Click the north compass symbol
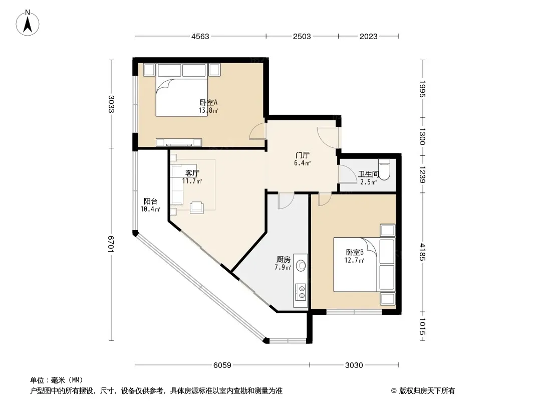click(27, 23)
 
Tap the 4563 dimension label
click(200, 37)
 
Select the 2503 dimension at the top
click(302, 37)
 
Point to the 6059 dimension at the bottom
click(222, 365)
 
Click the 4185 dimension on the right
click(422, 252)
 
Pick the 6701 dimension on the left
click(111, 244)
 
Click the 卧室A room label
click(208, 102)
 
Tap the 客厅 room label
click(192, 173)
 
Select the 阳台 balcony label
click(150, 202)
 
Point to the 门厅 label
click(302, 155)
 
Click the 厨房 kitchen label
click(283, 260)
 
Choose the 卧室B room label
click(355, 253)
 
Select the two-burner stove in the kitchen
click(301, 292)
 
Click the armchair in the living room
click(197, 207)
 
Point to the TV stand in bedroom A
click(179, 142)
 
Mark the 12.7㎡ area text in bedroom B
click(354, 261)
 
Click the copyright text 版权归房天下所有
click(427, 391)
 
